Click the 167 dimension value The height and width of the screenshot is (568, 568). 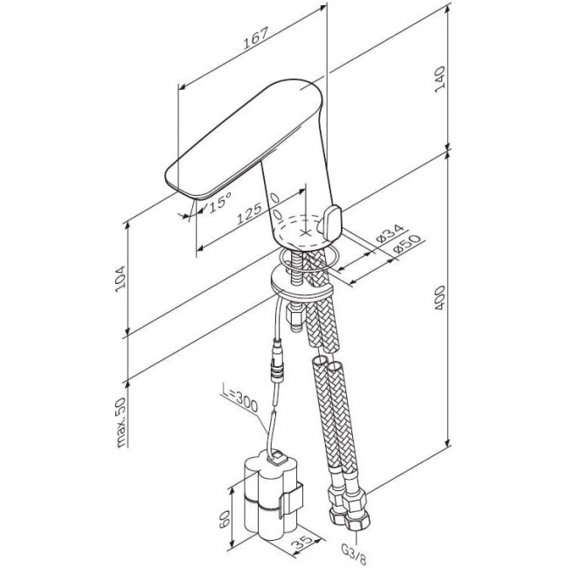(256, 38)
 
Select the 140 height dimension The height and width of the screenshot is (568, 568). (440, 79)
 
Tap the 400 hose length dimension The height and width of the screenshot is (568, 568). (440, 298)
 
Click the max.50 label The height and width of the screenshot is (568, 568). (121, 423)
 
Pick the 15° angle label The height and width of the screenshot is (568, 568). (220, 202)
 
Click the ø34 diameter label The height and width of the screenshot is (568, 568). (390, 233)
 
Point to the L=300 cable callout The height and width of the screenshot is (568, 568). (239, 401)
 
